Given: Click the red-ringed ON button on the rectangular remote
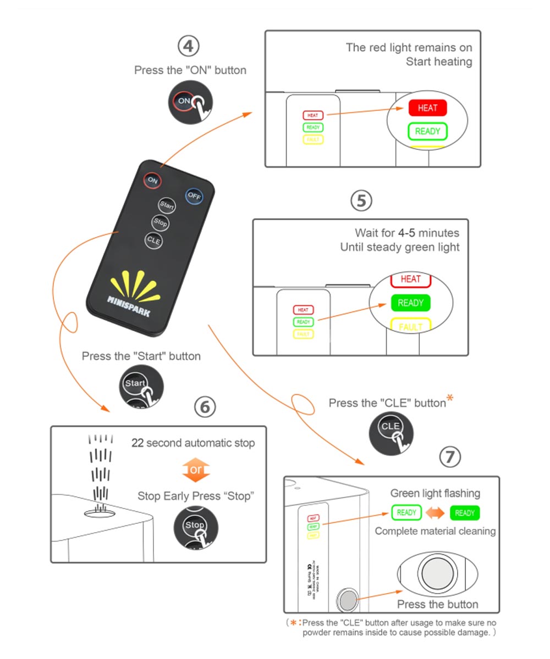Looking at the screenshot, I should point(152,180).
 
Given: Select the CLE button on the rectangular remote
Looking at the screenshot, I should point(154,239).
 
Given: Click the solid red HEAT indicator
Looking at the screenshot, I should point(427,108).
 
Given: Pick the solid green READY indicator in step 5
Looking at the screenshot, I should point(410,303).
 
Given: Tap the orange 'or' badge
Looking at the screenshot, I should point(196,470).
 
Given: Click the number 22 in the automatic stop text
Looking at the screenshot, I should point(137,443).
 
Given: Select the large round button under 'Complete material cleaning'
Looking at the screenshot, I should point(438,575).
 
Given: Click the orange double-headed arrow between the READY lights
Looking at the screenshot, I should point(436,513).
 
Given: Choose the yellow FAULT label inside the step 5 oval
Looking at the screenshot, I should point(410,326).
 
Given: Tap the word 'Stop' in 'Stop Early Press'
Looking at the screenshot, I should point(150,496).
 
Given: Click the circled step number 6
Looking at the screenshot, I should point(205,407).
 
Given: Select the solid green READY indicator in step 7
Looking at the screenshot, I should point(465,513).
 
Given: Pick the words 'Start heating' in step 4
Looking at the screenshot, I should point(439,62).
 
